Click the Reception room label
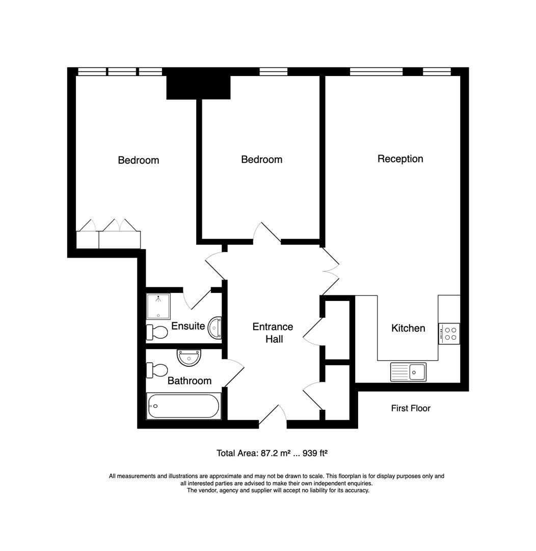pos(400,159)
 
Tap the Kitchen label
pos(408,328)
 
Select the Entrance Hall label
pos(273,333)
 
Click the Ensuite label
pos(187,326)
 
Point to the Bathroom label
pos(189,381)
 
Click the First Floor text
pos(410,408)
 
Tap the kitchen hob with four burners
pos(449,333)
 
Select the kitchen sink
pos(408,371)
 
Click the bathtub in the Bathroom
pos(183,406)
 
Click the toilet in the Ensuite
pos(157,333)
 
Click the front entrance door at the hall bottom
pos(273,416)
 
